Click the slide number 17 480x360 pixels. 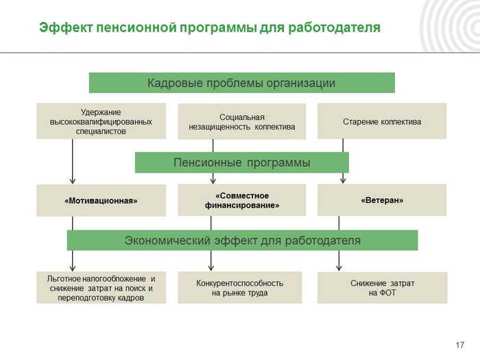(460, 345)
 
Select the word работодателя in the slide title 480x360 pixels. (334, 28)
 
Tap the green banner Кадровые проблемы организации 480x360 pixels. (242, 83)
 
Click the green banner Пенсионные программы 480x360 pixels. (242, 163)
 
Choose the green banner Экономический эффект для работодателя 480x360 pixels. (243, 240)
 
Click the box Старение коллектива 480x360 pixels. (382, 121)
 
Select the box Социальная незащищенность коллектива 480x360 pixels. (242, 121)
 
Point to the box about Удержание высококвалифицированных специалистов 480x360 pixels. (101, 121)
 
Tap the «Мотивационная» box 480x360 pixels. (101, 200)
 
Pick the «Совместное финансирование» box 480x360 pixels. (242, 200)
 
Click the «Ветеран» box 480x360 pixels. (382, 200)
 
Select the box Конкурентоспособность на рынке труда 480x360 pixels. (240, 287)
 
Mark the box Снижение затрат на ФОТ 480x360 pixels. (383, 288)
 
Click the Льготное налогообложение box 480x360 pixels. (101, 287)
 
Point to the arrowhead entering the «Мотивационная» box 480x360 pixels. (73, 181)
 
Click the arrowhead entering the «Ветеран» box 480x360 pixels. (343, 180)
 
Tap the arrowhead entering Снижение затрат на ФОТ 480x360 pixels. (339, 268)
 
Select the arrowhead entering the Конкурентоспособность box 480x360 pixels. (211, 268)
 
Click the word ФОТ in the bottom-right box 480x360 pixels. (388, 293)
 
